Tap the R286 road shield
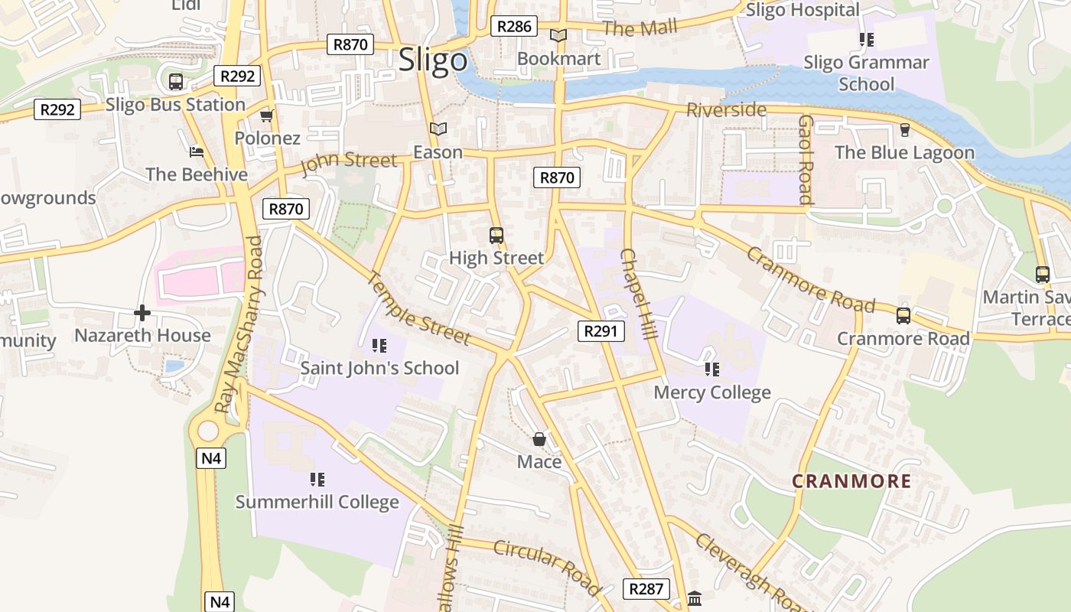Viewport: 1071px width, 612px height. (x=513, y=26)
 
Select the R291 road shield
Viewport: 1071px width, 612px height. (x=601, y=330)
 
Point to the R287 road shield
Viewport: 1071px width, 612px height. (x=646, y=588)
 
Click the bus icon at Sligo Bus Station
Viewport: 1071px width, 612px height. (x=175, y=81)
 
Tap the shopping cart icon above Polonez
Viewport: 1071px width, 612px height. (x=266, y=116)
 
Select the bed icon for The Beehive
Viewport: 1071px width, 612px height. (x=197, y=151)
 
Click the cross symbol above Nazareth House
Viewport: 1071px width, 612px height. (x=142, y=313)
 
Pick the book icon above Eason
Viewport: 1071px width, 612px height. (x=438, y=129)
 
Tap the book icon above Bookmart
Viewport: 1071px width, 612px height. (x=558, y=35)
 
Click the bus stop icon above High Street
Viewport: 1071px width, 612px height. (x=496, y=235)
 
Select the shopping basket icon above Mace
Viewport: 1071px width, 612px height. (x=539, y=439)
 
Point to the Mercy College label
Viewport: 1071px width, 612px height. (x=711, y=392)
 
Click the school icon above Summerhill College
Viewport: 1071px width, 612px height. (x=317, y=480)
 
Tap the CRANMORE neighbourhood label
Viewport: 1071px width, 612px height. (x=851, y=481)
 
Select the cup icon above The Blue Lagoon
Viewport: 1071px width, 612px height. (x=904, y=129)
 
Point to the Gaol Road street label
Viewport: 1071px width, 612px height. (x=805, y=160)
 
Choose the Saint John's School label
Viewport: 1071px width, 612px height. (x=379, y=368)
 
